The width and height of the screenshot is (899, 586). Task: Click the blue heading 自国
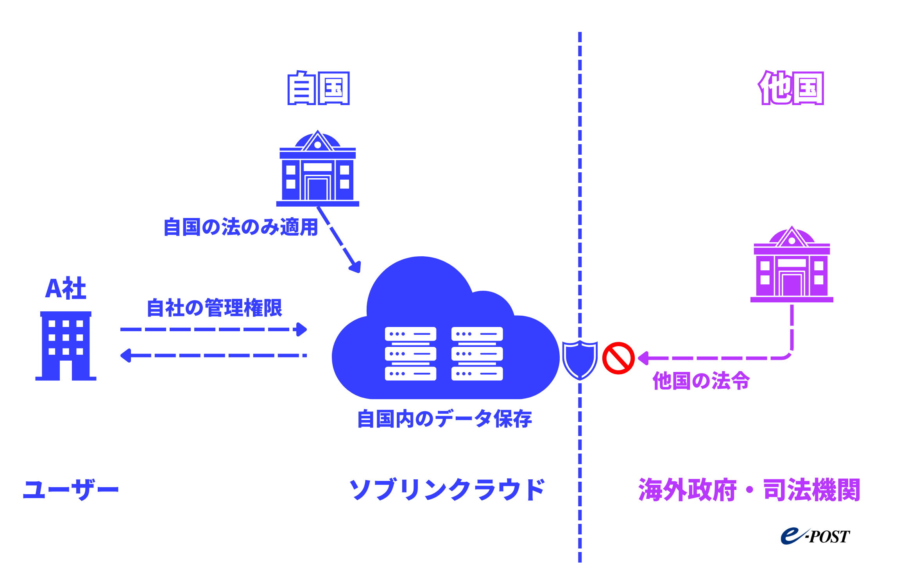pyautogui.click(x=318, y=88)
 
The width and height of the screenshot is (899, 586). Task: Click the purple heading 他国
pyautogui.click(x=791, y=88)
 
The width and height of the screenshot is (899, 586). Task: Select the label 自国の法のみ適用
pyautogui.click(x=240, y=227)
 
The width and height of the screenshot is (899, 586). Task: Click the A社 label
pyautogui.click(x=66, y=289)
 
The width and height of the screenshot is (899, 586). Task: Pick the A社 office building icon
pyautogui.click(x=66, y=346)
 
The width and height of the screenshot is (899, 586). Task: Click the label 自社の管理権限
pyautogui.click(x=214, y=308)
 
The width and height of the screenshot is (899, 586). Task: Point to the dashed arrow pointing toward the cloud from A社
pyautogui.click(x=213, y=329)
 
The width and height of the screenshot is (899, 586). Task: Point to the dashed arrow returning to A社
pyautogui.click(x=213, y=356)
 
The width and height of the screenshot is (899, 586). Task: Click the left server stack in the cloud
pyautogui.click(x=410, y=354)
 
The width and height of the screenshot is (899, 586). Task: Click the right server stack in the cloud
pyautogui.click(x=477, y=354)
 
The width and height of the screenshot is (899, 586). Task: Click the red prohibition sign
pyautogui.click(x=618, y=358)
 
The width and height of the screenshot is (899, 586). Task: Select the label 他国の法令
pyautogui.click(x=701, y=381)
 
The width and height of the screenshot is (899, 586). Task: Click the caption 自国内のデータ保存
pyautogui.click(x=444, y=419)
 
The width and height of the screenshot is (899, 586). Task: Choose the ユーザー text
pyautogui.click(x=71, y=490)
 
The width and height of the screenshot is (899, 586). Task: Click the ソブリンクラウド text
pyautogui.click(x=447, y=490)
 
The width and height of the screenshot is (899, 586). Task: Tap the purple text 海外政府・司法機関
pyautogui.click(x=749, y=490)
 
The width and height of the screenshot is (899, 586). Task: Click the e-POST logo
pyautogui.click(x=815, y=536)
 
